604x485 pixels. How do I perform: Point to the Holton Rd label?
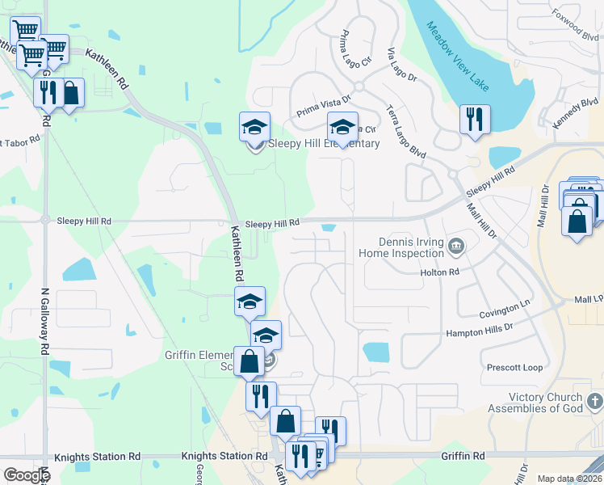439,272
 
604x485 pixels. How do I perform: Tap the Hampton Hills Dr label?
480,332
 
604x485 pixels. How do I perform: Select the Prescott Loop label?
514,368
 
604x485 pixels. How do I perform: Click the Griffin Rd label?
463,456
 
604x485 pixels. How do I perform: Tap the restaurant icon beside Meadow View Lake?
474,120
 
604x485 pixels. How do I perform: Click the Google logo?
27,475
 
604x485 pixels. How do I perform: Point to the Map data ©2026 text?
569,479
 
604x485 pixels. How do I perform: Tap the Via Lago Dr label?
401,66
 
